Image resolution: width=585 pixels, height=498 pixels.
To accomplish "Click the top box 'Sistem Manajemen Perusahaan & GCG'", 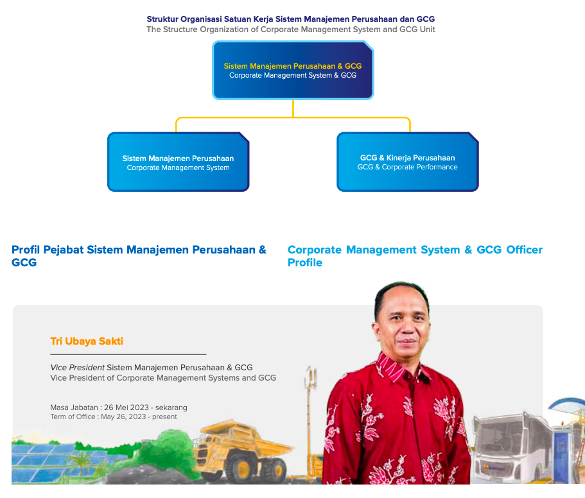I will pos(292,71).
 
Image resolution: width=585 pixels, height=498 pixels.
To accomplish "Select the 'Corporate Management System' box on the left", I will pos(178,162).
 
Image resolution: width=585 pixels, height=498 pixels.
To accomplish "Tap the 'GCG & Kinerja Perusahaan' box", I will pos(407,162).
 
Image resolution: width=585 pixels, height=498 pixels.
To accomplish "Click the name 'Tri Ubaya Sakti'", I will pos(87,341).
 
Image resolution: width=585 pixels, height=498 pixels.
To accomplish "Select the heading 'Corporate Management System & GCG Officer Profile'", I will pos(415,255).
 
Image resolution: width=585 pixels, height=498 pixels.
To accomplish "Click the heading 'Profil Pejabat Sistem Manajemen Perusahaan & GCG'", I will pos(139,255).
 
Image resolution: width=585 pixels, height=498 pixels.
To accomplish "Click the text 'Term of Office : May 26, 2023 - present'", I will pos(114,417).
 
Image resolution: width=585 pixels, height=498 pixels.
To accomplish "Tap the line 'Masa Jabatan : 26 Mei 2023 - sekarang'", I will pos(119,408).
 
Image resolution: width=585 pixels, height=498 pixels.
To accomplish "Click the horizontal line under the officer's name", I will pos(128,354).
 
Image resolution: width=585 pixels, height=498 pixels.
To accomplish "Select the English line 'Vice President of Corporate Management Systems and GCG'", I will pos(163,378).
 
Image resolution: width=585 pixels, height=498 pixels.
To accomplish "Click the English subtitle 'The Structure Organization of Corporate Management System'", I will pos(290,30).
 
